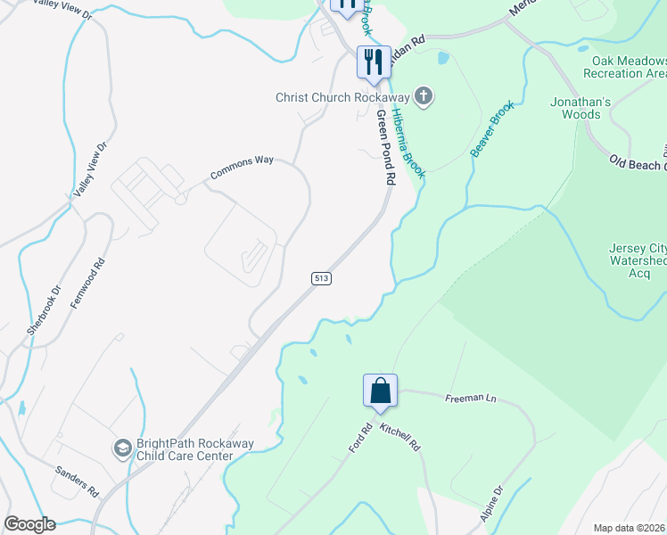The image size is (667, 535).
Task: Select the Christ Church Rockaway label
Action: [x=342, y=97]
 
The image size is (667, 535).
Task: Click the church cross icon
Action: [x=424, y=97]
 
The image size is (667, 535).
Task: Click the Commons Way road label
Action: [x=241, y=169]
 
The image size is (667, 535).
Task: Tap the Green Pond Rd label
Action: [x=385, y=146]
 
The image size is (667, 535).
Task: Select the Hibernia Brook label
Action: [x=409, y=142]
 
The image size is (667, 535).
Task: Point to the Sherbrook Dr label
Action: [x=41, y=310]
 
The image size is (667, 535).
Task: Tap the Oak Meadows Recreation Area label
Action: [x=627, y=67]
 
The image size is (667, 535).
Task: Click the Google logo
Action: [x=29, y=524]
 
